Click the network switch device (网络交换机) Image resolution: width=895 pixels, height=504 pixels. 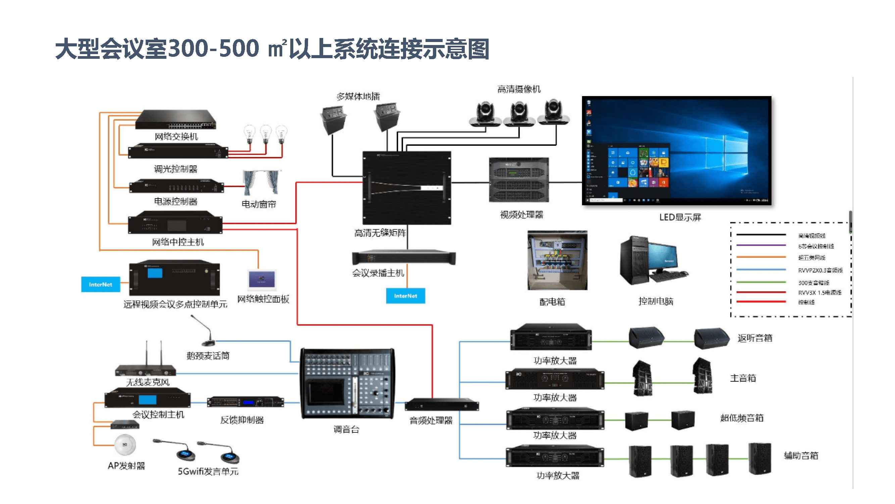tap(176, 120)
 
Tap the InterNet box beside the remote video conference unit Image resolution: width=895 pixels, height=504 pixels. tap(100, 285)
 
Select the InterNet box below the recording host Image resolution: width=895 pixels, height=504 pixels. tap(405, 296)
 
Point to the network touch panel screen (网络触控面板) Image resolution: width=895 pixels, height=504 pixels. tap(262, 279)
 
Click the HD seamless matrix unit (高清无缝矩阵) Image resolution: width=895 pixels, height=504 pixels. tap(407, 187)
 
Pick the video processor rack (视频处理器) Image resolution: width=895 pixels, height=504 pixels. tap(519, 180)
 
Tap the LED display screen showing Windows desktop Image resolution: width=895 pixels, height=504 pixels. tap(677, 150)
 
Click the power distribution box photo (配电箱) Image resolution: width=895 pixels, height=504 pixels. tap(557, 260)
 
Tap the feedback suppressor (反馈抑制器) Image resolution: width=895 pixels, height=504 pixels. tap(245, 403)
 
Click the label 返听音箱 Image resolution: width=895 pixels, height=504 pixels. tap(755, 338)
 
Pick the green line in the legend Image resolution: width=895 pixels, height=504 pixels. tap(761, 282)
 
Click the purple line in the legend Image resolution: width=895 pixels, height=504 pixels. tap(761, 246)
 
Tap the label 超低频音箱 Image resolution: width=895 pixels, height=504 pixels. tap(742, 418)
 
